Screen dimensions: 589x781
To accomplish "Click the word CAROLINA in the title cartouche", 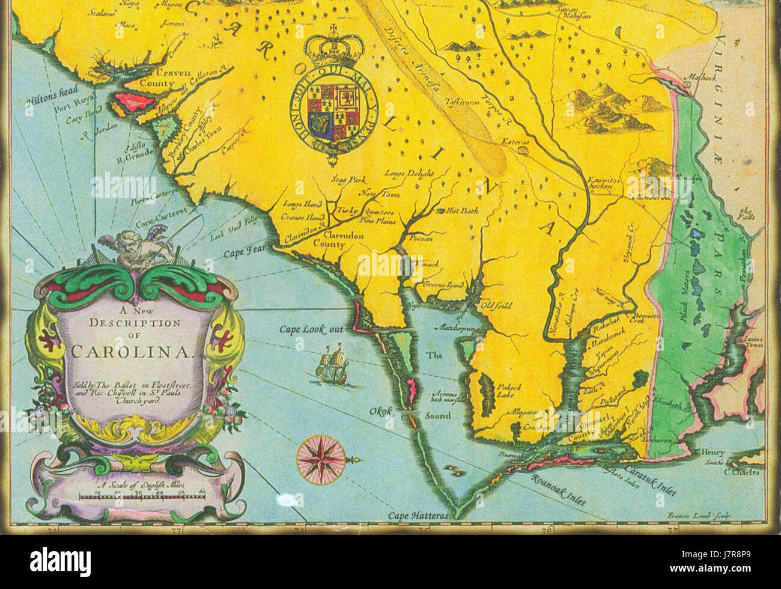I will [x=132, y=352].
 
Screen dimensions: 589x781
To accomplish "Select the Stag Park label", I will [x=348, y=180].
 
